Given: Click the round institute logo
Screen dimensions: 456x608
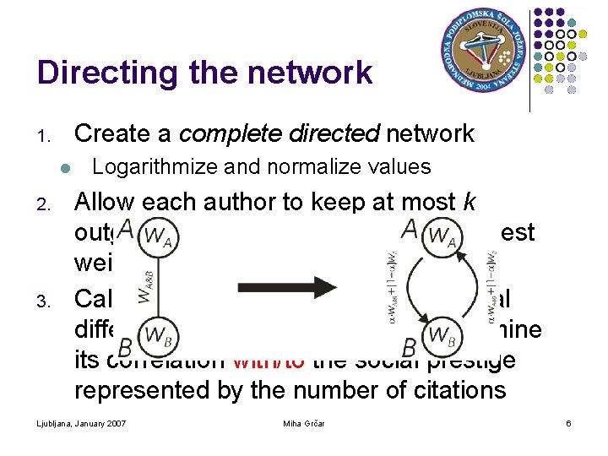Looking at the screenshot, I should (x=483, y=54).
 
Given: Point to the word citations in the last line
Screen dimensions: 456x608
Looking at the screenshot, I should (x=459, y=390).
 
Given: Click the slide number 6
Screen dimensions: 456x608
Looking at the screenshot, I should (x=568, y=422).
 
